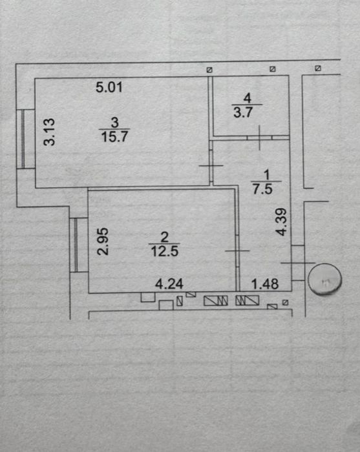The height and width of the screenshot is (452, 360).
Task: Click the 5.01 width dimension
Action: point(109,87)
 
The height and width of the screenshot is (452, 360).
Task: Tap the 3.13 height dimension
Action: point(49,132)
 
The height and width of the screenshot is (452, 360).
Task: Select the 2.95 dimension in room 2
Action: point(103,241)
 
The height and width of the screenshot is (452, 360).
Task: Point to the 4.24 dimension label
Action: point(169,284)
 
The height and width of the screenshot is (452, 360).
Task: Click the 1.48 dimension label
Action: point(265,284)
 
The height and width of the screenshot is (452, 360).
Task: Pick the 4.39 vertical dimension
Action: point(281,222)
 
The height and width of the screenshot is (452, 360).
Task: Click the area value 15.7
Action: point(114,136)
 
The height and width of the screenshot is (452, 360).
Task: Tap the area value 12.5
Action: point(165,251)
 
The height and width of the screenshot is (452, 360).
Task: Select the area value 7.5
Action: point(263,189)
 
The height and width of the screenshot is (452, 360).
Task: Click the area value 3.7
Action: point(243,112)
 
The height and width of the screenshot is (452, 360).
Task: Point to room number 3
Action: point(115,123)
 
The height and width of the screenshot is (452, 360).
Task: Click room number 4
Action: point(248,98)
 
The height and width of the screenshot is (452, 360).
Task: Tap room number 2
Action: point(164,237)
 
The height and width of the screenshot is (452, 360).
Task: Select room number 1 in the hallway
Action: point(266,175)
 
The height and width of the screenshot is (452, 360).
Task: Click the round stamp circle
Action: point(325,279)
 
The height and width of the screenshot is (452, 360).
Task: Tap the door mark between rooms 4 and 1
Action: point(260,138)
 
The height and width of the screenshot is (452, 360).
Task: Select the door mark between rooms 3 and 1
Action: point(211,165)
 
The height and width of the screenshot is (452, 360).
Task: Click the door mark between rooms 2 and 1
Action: point(237,251)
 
